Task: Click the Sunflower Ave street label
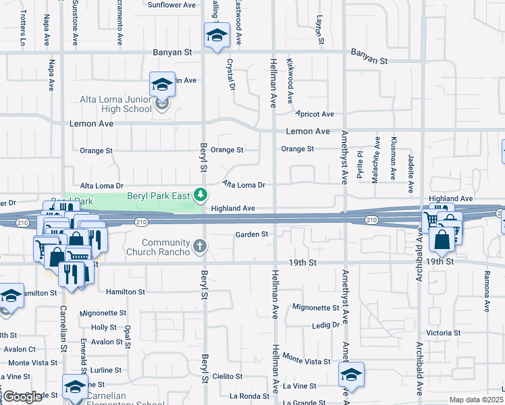pyautogui.click(x=171, y=5)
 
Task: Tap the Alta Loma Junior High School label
pyautogui.click(x=116, y=104)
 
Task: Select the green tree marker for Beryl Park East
pyautogui.click(x=200, y=195)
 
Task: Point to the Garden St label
pyautogui.click(x=252, y=234)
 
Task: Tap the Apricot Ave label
pyautogui.click(x=317, y=114)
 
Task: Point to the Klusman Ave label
pyautogui.click(x=393, y=158)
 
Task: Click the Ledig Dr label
pyautogui.click(x=325, y=325)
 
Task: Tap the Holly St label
pyautogui.click(x=104, y=327)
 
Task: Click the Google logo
pyautogui.click(x=23, y=397)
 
